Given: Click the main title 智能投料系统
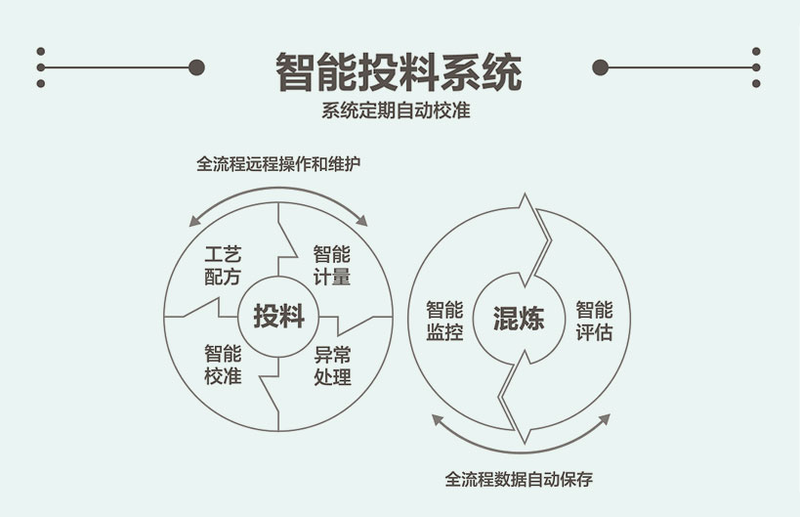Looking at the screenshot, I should (399, 71).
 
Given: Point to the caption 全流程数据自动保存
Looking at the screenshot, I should (519, 480).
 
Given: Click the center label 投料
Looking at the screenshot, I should (278, 317).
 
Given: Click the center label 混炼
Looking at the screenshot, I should (518, 319).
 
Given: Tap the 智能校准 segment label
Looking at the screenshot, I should (223, 365).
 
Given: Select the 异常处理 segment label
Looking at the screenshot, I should (332, 365).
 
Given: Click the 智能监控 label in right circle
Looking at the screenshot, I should (444, 321).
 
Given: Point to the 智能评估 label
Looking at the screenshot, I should (594, 321).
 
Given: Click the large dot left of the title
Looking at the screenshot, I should (196, 67).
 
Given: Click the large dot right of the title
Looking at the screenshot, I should (601, 67).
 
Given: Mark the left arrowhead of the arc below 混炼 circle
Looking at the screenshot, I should (436, 420).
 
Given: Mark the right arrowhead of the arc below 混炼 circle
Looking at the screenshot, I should (605, 420).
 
